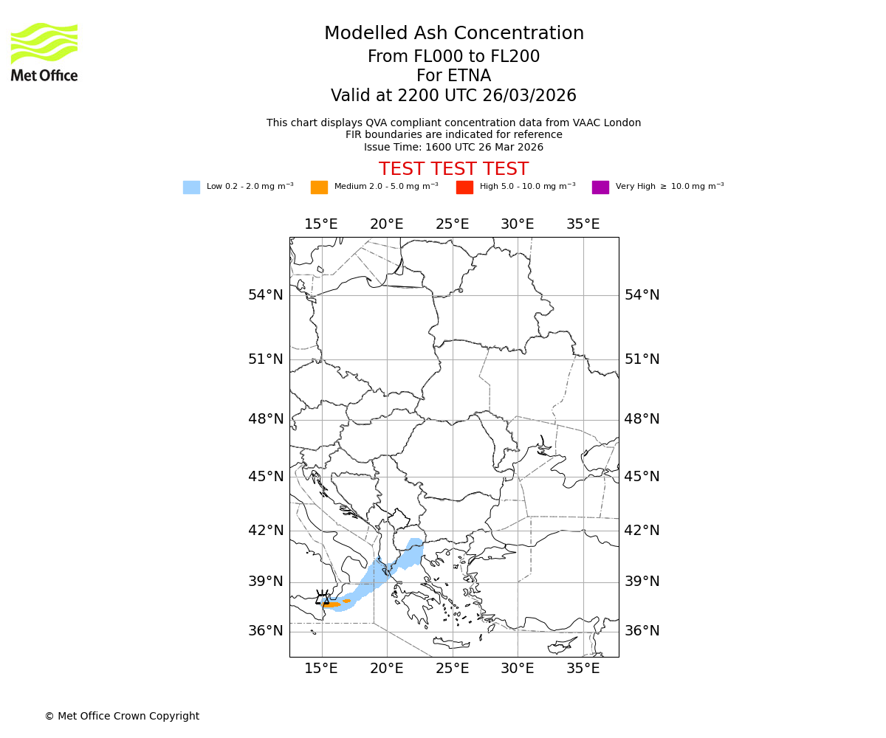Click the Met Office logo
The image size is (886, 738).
click(x=44, y=52)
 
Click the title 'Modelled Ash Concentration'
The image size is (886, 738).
click(x=453, y=33)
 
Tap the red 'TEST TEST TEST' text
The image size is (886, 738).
click(x=453, y=169)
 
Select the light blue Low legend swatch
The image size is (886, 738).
click(x=191, y=187)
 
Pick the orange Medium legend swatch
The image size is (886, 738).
click(x=319, y=187)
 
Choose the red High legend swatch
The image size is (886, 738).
click(x=464, y=187)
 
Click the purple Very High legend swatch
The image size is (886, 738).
click(x=600, y=187)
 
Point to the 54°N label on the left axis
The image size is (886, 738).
click(x=266, y=295)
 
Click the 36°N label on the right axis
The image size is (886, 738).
click(x=642, y=631)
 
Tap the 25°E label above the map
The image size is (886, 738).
click(x=452, y=224)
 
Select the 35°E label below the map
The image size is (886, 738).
click(x=583, y=669)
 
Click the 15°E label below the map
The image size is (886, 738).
click(x=321, y=669)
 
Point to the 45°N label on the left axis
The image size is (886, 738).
click(x=266, y=477)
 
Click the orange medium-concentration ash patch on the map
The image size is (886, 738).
click(x=332, y=604)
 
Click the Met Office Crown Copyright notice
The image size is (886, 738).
click(x=122, y=716)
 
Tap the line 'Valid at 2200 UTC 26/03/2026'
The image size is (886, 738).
click(x=453, y=96)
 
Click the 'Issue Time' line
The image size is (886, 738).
click(x=453, y=147)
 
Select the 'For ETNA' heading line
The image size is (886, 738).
click(x=453, y=76)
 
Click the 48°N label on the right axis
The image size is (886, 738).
click(x=642, y=419)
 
